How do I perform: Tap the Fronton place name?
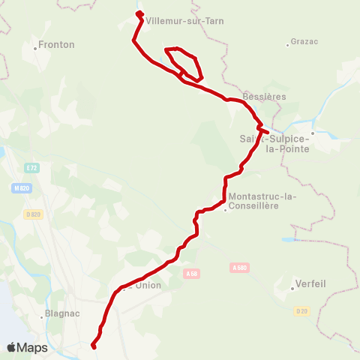coord(57,45)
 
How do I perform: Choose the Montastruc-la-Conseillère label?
coord(262,202)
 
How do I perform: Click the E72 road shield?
coord(30,167)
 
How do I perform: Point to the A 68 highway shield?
coord(191,274)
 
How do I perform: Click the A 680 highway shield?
coord(239,267)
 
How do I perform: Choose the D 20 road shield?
coord(301,310)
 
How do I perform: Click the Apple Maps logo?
coord(28,347)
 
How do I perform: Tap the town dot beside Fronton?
coord(35,49)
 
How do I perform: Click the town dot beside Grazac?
coord(288,44)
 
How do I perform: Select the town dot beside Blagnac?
coord(43,316)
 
